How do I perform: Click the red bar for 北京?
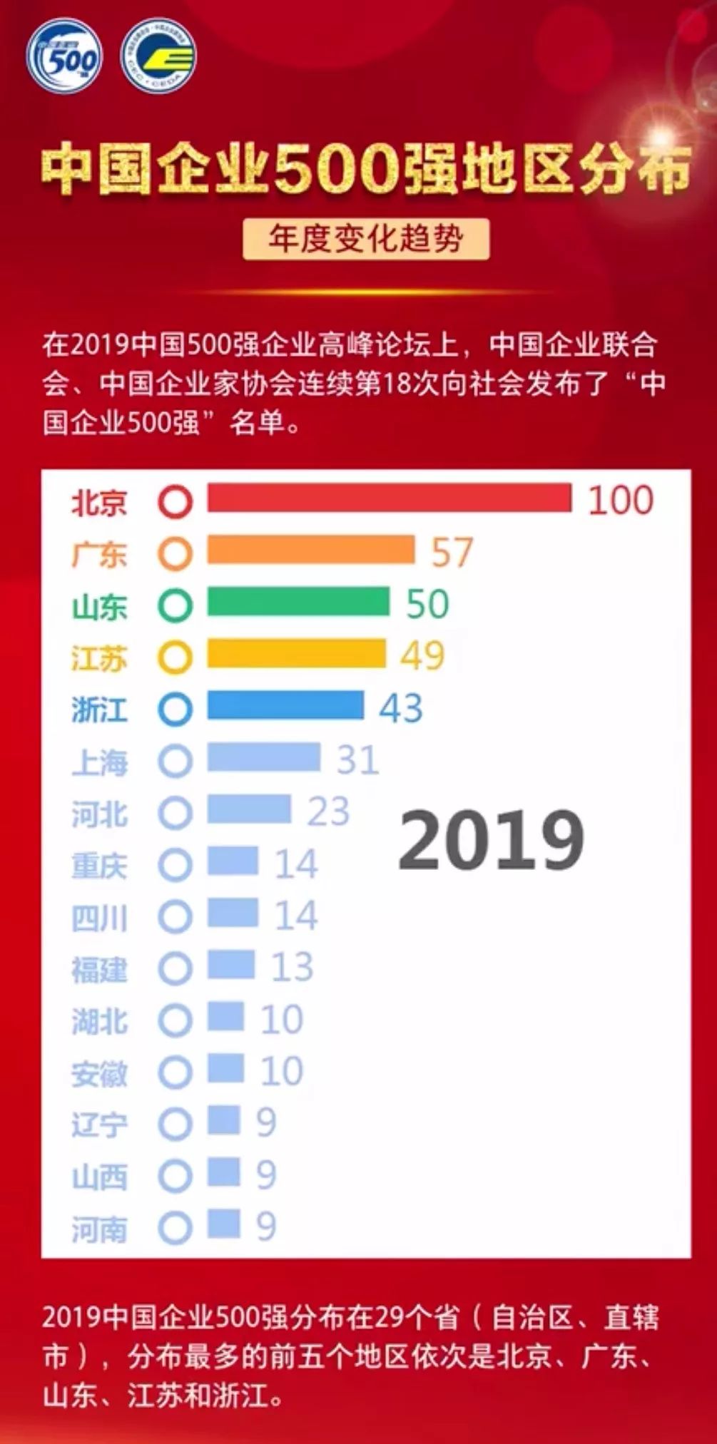389,498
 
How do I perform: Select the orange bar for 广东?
310,550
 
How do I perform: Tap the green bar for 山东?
298,602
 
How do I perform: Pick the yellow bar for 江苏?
296,654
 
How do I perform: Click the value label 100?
620,499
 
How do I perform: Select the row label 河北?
99,814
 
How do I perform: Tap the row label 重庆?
99,866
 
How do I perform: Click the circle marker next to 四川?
175,916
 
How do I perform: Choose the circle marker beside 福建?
175,968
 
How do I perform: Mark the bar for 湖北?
225,1018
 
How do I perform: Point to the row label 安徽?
99,1073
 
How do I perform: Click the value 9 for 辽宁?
266,1122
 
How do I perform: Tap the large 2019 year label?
491,840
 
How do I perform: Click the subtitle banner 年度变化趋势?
365,239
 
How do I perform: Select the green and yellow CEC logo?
158,56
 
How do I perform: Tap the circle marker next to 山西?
175,1176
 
